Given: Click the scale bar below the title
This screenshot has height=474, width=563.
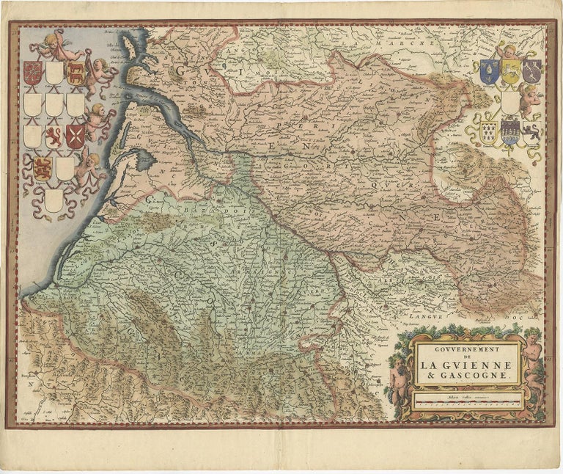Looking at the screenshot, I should click(x=466, y=402).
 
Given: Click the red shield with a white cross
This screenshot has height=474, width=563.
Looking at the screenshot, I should click(x=75, y=136).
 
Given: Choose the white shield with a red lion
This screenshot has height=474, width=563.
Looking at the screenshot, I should click(x=54, y=136).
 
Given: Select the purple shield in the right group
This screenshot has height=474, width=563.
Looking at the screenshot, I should click(x=533, y=70).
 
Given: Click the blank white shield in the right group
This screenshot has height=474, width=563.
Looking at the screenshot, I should click(x=510, y=101).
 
